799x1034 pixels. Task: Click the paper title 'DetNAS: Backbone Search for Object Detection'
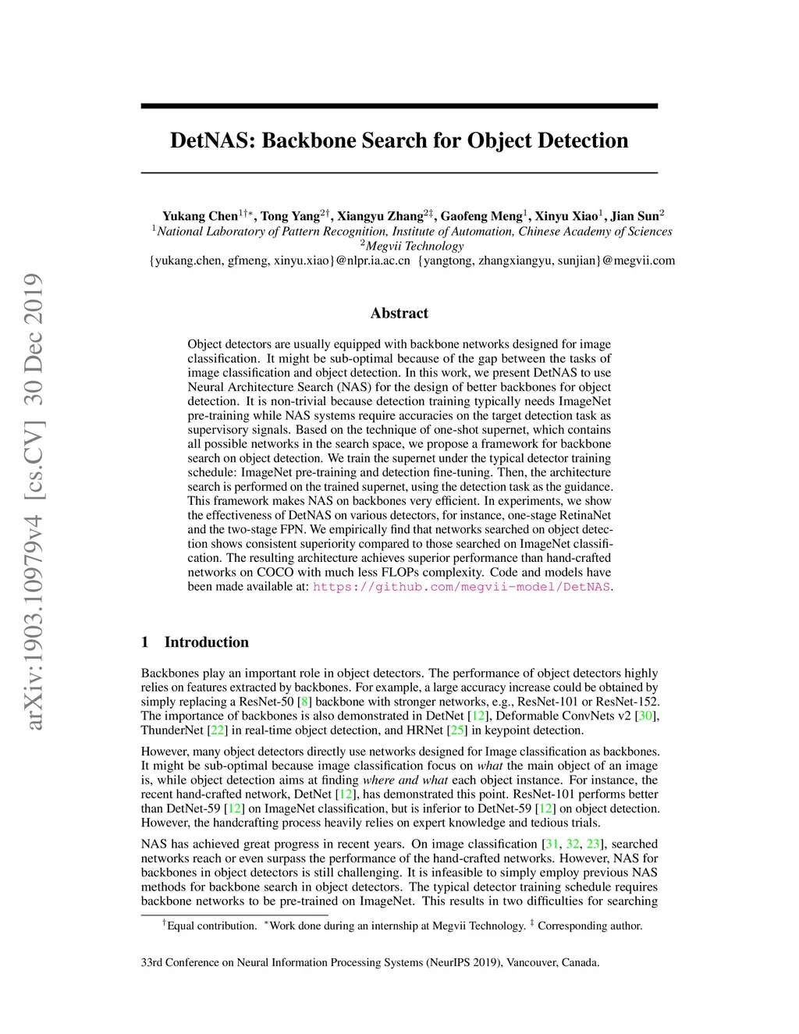click(x=399, y=140)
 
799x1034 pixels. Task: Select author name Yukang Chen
click(x=200, y=216)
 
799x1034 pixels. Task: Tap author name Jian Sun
click(x=634, y=216)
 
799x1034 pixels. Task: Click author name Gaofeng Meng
click(x=481, y=216)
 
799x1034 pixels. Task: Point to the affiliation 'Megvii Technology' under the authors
click(x=414, y=246)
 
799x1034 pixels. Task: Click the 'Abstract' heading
click(x=399, y=313)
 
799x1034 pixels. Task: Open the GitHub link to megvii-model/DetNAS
click(x=461, y=587)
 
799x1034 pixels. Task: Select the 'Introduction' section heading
click(x=206, y=642)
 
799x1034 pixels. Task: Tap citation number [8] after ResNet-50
click(x=305, y=702)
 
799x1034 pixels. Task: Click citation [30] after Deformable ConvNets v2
click(x=647, y=716)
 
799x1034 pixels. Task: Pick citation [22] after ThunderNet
click(x=218, y=730)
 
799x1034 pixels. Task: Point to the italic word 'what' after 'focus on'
click(x=489, y=766)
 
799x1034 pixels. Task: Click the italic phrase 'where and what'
click(x=405, y=780)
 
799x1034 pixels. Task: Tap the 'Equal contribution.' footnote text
click(x=211, y=926)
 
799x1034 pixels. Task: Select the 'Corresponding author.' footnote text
click(x=590, y=926)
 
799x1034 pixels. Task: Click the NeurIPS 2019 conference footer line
click(x=370, y=962)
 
